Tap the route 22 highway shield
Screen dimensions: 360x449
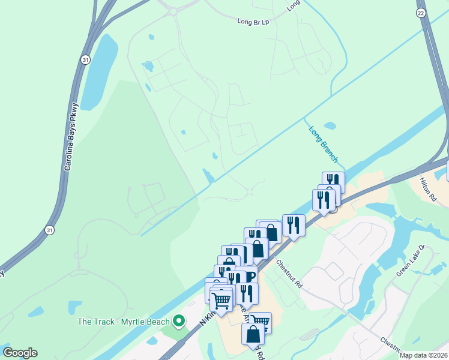pyautogui.click(x=421, y=13)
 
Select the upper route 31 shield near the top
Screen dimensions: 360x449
pyautogui.click(x=86, y=59)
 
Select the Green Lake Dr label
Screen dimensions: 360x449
pyautogui.click(x=411, y=260)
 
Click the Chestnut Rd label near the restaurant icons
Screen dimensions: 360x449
pyautogui.click(x=289, y=274)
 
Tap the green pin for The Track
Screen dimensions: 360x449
pyautogui.click(x=178, y=322)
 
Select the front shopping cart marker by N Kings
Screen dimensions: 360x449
pyautogui.click(x=221, y=299)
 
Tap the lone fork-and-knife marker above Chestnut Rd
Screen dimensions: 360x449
pyautogui.click(x=294, y=225)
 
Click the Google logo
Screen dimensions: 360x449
pyautogui.click(x=19, y=353)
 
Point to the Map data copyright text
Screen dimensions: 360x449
pyautogui.click(x=423, y=355)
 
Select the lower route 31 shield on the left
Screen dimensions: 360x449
pyautogui.click(x=50, y=230)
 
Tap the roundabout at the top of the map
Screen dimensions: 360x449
pyautogui.click(x=175, y=10)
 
